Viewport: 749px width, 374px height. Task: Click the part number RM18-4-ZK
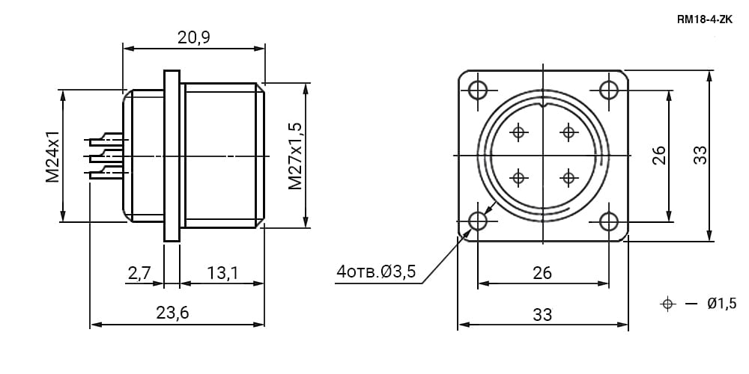pos(704,19)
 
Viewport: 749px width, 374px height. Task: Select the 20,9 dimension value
pos(194,37)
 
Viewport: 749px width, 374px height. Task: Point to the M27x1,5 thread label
pos(295,156)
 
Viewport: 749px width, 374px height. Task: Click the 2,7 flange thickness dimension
pos(139,273)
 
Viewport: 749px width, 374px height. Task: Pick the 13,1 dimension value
pos(222,273)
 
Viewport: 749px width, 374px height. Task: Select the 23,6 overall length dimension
pos(173,313)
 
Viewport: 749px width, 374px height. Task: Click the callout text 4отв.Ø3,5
pos(377,272)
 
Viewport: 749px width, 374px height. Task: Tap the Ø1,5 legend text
pos(722,303)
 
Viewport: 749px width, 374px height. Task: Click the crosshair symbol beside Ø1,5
pos(667,304)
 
